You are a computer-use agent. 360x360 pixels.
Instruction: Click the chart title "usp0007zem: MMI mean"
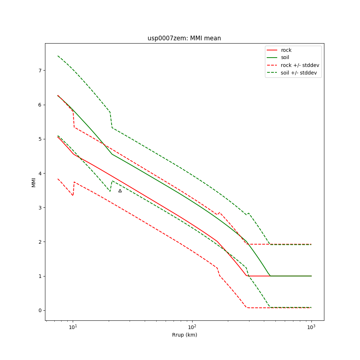[184, 38]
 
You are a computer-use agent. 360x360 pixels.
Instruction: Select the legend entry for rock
[286, 50]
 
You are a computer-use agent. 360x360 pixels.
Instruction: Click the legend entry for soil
[285, 58]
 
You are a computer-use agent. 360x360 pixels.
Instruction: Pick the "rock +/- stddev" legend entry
[300, 65]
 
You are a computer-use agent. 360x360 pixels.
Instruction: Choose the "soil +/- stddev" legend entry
[300, 73]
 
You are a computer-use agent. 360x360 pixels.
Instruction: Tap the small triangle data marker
[120, 191]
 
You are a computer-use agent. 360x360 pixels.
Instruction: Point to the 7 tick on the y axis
[40, 71]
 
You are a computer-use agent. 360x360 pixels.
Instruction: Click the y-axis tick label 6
[40, 105]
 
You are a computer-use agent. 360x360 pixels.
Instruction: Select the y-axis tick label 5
[40, 139]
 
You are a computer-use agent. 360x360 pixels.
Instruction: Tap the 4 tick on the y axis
[40, 173]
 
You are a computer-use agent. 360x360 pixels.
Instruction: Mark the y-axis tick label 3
[40, 208]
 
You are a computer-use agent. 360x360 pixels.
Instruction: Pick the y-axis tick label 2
[40, 242]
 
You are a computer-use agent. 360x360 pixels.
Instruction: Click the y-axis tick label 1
[40, 276]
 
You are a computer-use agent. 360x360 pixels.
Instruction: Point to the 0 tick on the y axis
[40, 310]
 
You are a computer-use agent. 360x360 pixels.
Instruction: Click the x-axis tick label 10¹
[73, 327]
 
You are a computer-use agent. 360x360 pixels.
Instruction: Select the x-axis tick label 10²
[192, 327]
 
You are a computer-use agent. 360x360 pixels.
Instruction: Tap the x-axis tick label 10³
[311, 327]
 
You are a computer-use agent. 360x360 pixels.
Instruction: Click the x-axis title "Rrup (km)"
[184, 335]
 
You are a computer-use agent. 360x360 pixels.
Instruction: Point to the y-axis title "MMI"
[33, 182]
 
